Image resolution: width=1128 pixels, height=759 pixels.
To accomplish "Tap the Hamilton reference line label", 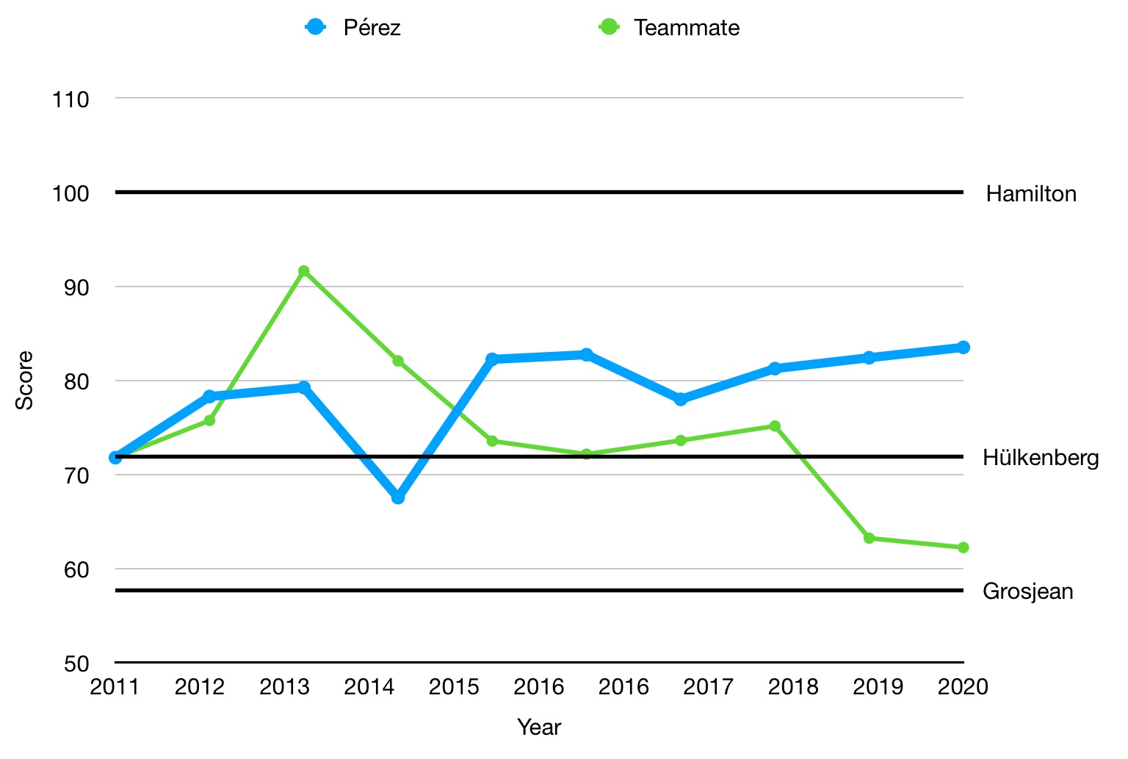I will point(1031,194).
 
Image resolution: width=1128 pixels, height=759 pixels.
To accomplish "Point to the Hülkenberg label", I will point(1040,458).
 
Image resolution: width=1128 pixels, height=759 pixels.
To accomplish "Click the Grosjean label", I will point(1027,591).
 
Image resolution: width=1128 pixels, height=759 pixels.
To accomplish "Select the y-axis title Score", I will point(25,381).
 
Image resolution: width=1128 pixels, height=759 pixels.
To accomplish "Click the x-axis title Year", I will point(539,727).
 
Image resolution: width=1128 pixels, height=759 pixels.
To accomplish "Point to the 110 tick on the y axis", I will point(70,99).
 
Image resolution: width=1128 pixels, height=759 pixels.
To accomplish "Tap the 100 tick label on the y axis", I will point(70,194).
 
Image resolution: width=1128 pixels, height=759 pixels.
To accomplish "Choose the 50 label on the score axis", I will point(76,664).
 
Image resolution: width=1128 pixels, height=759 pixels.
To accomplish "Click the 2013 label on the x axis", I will point(284,687).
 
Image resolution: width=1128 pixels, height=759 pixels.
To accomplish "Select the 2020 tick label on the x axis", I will point(963,687).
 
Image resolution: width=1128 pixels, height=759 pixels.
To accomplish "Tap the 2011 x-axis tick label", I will point(115,687).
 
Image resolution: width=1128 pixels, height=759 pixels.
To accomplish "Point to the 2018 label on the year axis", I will point(793,687).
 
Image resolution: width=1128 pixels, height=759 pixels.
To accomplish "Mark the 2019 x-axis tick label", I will point(878,687).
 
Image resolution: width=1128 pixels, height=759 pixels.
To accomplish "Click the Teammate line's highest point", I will point(303,271).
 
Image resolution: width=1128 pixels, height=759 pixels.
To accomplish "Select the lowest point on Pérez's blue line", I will point(398,497).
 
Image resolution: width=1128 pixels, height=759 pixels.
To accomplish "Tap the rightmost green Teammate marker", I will point(963,547).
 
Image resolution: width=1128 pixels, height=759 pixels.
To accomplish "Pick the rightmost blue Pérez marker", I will point(963,347).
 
